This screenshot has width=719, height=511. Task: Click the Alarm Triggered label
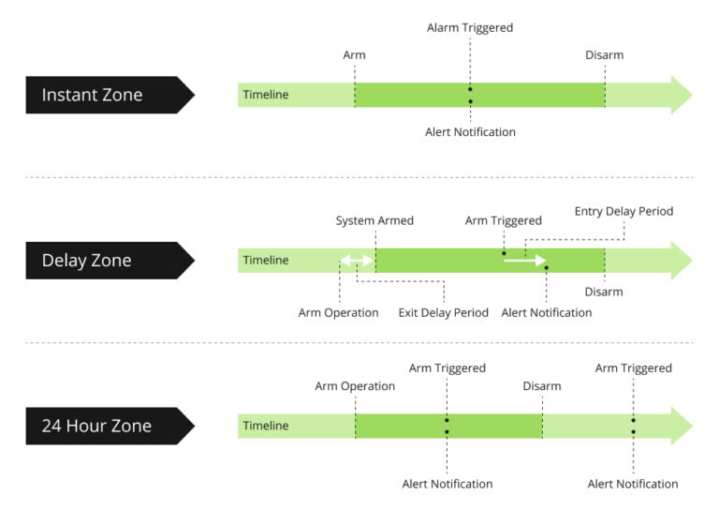pyautogui.click(x=470, y=28)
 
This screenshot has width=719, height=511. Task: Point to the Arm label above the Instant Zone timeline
pyautogui.click(x=354, y=55)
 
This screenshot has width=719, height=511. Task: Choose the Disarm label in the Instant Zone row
pyautogui.click(x=604, y=55)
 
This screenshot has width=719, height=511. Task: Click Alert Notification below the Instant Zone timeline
pyautogui.click(x=470, y=132)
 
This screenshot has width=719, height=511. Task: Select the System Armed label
pyautogui.click(x=374, y=221)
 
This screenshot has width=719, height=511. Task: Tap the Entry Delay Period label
pyautogui.click(x=624, y=212)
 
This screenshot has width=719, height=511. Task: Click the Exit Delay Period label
pyautogui.click(x=443, y=312)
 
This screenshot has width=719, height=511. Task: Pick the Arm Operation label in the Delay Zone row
pyautogui.click(x=338, y=312)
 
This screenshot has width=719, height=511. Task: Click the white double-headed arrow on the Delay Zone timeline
pyautogui.click(x=357, y=261)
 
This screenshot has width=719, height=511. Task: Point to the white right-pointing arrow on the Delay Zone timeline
pyautogui.click(x=524, y=261)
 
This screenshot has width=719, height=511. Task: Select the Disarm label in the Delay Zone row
pyautogui.click(x=604, y=292)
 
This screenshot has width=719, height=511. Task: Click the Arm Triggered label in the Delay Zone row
pyautogui.click(x=503, y=221)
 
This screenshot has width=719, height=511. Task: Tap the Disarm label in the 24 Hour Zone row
pyautogui.click(x=542, y=386)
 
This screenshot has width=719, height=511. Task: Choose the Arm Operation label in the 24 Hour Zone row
pyautogui.click(x=355, y=386)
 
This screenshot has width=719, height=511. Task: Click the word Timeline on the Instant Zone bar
pyautogui.click(x=266, y=95)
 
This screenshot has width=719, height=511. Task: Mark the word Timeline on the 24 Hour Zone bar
pyautogui.click(x=266, y=426)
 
